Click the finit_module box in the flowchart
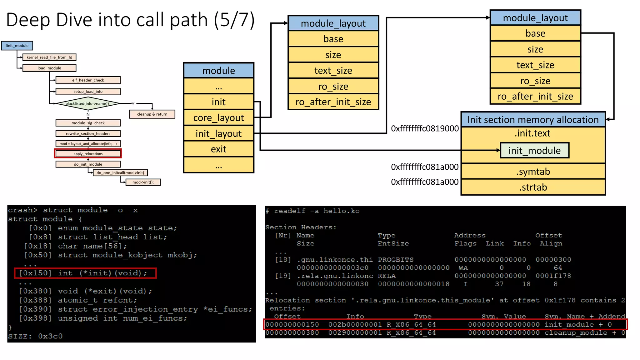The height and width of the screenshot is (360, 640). click(17, 46)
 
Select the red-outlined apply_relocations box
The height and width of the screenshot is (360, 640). click(88, 154)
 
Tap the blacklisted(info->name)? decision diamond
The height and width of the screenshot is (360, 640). click(87, 103)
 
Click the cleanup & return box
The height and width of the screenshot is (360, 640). click(152, 114)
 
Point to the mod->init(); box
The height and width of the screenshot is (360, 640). click(143, 182)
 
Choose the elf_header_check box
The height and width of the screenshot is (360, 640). click(88, 80)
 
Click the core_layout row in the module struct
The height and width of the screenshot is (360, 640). click(218, 118)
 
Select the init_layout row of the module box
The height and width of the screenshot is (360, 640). click(218, 134)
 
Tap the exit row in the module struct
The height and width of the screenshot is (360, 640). click(218, 149)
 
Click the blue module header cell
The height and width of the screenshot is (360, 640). click(218, 71)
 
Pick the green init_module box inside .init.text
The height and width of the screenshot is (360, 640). click(534, 151)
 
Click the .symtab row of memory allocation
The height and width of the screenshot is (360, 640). click(533, 172)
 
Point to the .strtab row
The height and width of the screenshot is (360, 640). click(533, 187)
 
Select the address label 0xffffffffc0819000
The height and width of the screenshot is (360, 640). click(425, 129)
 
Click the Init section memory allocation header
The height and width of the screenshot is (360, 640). click(533, 120)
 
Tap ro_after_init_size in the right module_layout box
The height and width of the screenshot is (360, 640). click(535, 97)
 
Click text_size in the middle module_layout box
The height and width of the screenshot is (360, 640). click(333, 71)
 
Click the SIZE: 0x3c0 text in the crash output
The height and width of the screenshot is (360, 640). click(35, 336)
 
